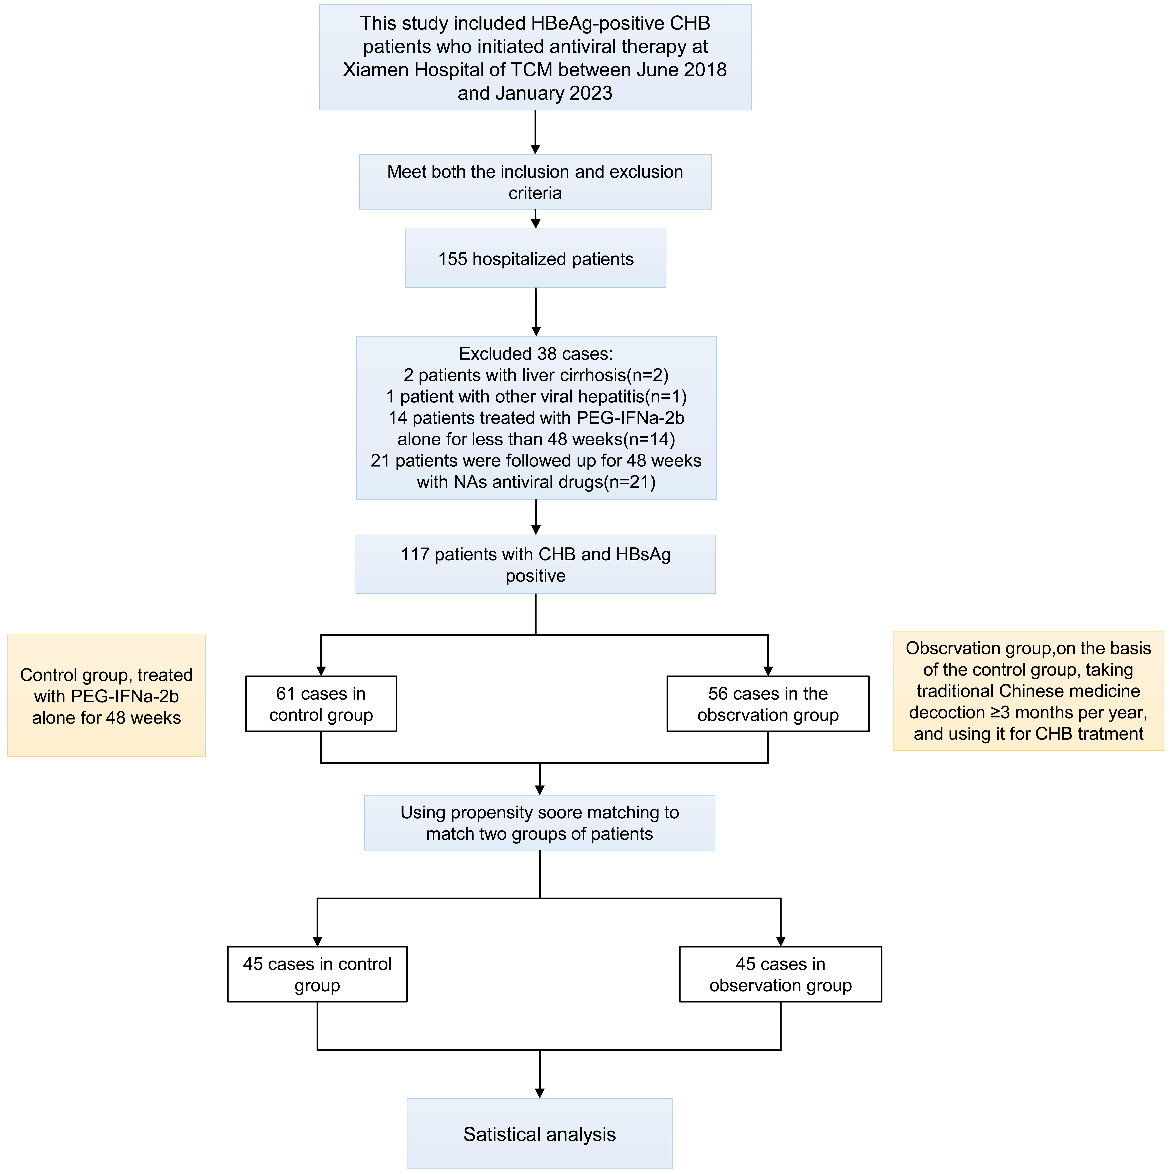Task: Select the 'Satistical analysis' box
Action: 539,1134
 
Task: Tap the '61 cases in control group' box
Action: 321,704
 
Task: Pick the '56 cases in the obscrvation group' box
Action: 767,704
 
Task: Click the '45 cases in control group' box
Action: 317,974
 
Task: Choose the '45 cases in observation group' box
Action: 780,974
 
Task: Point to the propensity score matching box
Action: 539,823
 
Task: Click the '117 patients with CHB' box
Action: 535,564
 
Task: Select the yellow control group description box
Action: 106,696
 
